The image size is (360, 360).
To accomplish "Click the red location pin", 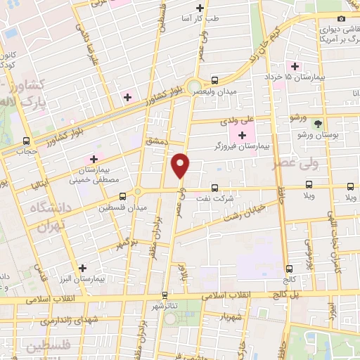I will tap(181, 165).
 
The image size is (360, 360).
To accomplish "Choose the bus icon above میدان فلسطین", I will tap(123, 196).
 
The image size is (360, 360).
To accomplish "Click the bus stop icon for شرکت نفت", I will tap(215, 188).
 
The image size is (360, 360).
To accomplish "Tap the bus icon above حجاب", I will tap(26, 140).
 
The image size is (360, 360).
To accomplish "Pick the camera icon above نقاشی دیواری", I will tap(342, 19).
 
